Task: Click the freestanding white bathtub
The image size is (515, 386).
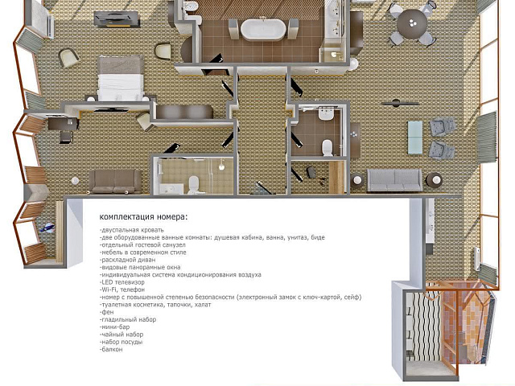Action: tap(263, 29)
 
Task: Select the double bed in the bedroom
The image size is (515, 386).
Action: tap(121, 79)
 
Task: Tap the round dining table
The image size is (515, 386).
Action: tap(412, 23)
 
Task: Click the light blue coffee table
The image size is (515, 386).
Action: tap(415, 138)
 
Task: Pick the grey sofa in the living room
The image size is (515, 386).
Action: tap(394, 180)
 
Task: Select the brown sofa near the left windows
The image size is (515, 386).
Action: tap(114, 182)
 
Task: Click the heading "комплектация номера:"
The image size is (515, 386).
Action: tap(144, 217)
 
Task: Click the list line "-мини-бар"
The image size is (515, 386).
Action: tap(114, 327)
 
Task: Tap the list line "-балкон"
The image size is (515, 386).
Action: tap(111, 349)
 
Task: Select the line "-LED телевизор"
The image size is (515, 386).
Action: tap(122, 282)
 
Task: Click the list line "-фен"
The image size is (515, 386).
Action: tap(106, 312)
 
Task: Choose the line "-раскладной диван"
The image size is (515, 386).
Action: tap(127, 260)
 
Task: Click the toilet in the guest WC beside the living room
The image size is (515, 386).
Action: tap(328, 147)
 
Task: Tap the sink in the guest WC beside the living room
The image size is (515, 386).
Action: tap(327, 114)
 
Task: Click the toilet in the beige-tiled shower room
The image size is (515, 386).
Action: tap(194, 185)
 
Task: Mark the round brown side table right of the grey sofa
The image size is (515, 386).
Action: tap(435, 180)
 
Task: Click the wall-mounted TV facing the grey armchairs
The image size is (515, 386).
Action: tap(400, 104)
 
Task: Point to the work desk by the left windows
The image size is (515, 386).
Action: tap(63, 124)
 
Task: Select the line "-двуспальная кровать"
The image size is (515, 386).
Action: tap(131, 230)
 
